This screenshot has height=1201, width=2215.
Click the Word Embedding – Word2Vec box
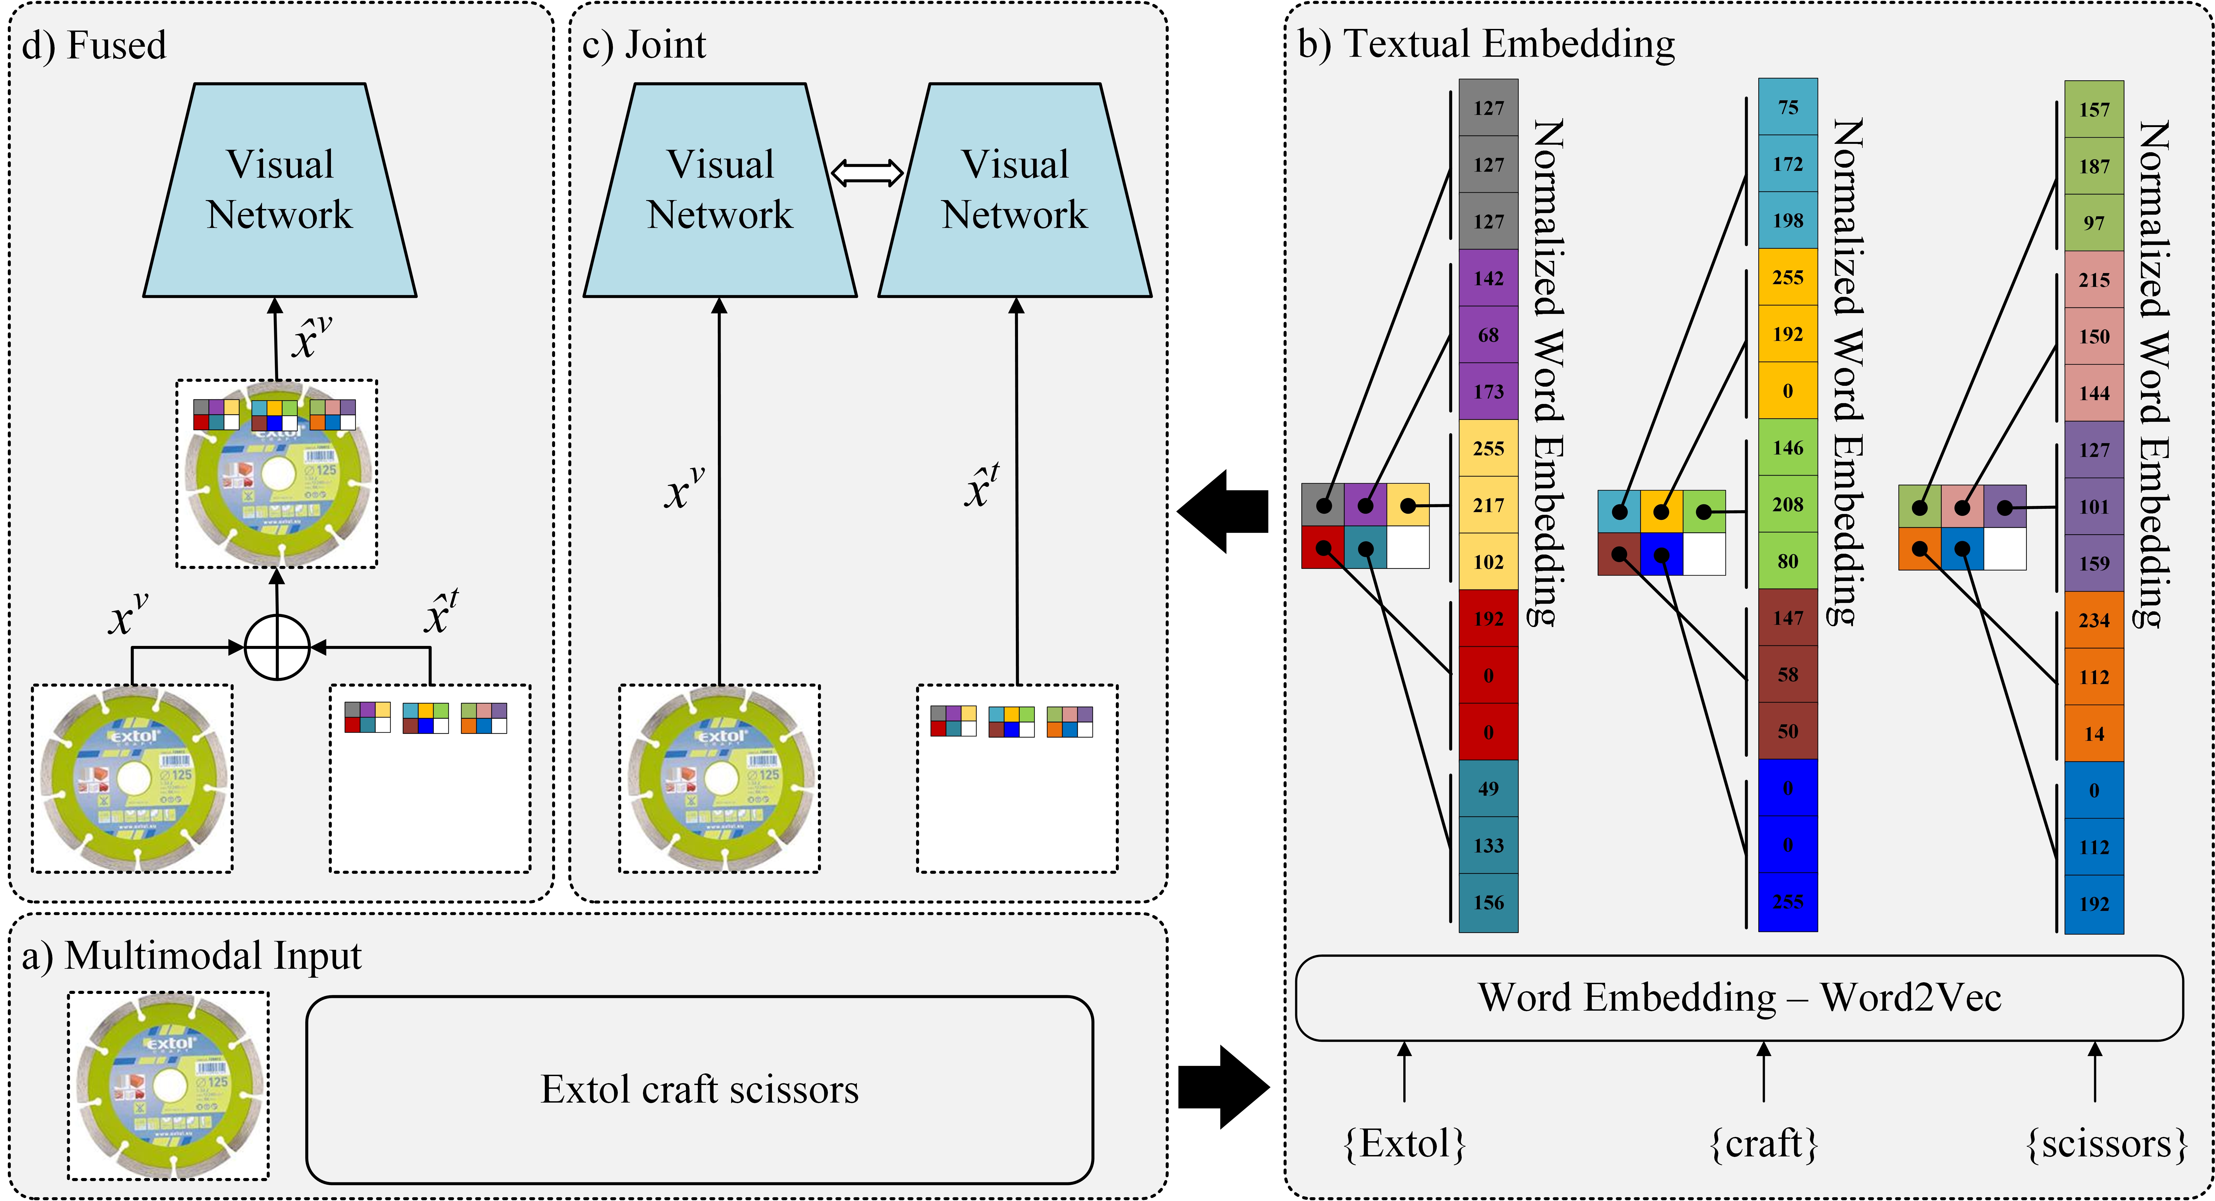pos(1739,997)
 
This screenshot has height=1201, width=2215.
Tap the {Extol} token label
pos(1404,1143)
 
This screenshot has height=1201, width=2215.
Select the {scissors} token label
pos(2106,1143)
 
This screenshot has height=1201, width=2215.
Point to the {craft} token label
pos(1763,1143)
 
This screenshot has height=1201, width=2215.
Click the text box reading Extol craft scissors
pos(699,1089)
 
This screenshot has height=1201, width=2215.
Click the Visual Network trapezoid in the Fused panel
pos(280,190)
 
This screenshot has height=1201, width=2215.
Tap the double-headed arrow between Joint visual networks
pos(867,173)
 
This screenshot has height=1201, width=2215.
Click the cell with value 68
pos(1488,334)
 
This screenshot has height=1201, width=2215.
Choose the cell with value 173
pos(1488,391)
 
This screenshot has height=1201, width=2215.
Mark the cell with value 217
pos(1488,505)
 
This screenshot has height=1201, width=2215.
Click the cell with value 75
pos(1788,107)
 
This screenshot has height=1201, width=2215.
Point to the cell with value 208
pos(1788,504)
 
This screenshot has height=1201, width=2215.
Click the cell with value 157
pos(2094,109)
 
